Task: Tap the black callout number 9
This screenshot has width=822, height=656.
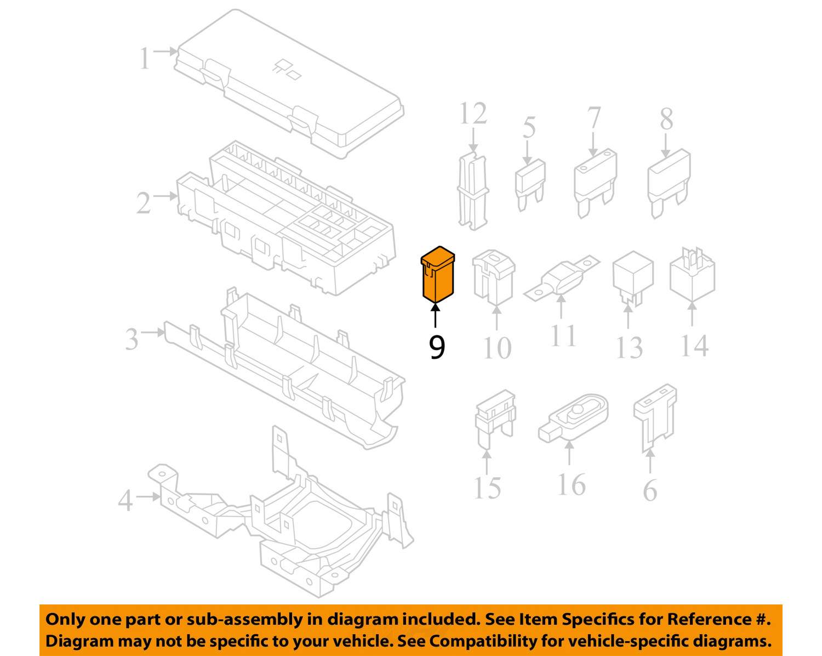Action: tap(437, 348)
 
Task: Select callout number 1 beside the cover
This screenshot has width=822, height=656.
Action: tap(144, 59)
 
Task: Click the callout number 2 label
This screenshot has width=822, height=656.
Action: tap(143, 203)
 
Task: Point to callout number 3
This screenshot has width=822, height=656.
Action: tap(132, 339)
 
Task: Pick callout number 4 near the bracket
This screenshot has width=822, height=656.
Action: tap(125, 500)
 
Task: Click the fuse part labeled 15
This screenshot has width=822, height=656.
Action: tap(494, 420)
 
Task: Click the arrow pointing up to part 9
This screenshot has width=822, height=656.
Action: tap(436, 315)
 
